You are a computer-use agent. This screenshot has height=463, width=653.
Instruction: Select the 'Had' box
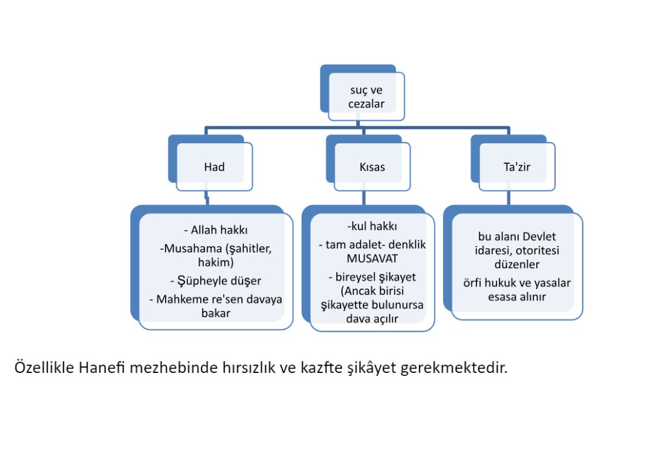[214, 167]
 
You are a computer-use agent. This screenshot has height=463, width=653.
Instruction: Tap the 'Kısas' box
[372, 167]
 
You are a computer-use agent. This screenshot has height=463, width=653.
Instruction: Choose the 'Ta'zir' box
[516, 167]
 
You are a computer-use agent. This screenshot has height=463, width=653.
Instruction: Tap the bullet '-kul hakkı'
[372, 227]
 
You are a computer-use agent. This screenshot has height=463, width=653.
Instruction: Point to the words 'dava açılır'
[372, 318]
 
